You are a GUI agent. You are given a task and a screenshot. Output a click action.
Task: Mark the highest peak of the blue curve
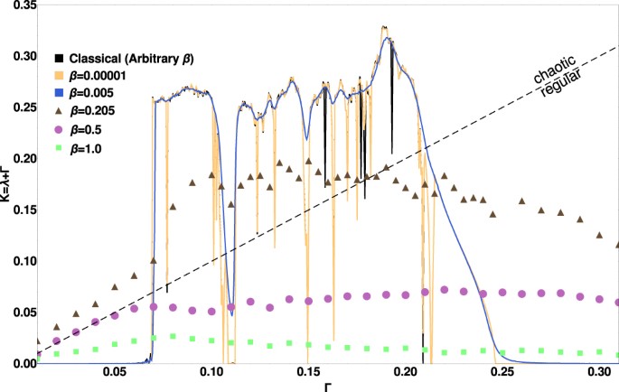pyautogui.click(x=387, y=38)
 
